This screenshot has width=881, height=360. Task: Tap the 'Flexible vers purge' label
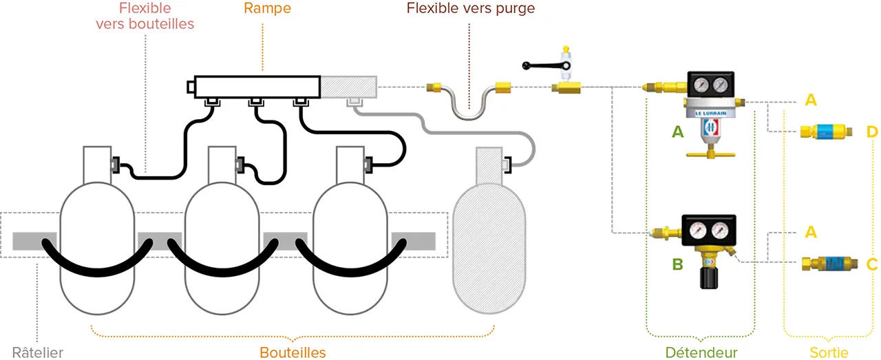click(x=470, y=9)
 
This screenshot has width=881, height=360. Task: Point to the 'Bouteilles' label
click(x=293, y=352)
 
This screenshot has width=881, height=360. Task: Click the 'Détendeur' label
click(x=701, y=352)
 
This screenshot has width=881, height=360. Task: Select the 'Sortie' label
click(x=829, y=352)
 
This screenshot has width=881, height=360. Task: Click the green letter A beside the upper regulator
click(x=678, y=131)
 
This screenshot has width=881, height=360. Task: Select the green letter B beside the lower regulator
click(x=678, y=264)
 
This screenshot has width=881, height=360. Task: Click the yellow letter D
click(x=872, y=131)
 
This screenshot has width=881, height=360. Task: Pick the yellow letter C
click(x=872, y=264)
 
